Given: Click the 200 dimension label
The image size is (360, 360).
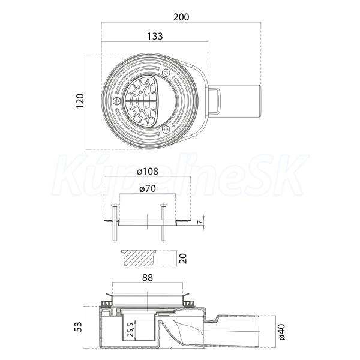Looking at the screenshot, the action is coord(181,17).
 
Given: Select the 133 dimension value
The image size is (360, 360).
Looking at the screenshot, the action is coord(155,36).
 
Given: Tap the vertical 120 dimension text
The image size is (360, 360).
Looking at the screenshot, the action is coord(80,101).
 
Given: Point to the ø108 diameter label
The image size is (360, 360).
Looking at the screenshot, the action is coord(148,171).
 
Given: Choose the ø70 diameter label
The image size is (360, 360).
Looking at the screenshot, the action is coord(148,188).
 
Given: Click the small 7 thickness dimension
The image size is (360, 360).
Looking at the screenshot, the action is coord(200,222).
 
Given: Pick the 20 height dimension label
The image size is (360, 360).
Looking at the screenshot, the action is coord(183,259).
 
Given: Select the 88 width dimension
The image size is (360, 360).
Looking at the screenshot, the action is coord(148,278).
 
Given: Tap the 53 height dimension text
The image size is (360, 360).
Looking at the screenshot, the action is coord(78,327).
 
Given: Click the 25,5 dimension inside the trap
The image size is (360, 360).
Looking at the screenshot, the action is coord(130,330).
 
